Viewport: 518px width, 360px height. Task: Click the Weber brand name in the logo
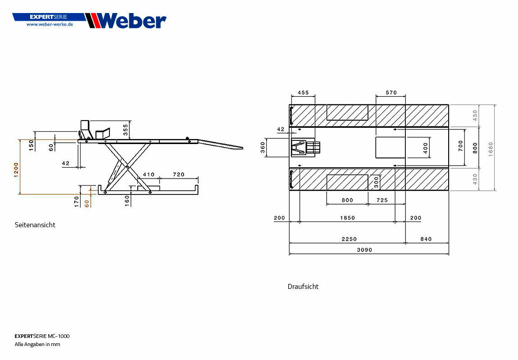[132, 21]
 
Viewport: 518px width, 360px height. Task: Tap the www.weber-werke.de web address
[50, 24]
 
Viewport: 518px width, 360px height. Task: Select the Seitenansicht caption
[35, 225]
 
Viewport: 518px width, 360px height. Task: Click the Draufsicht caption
[303, 286]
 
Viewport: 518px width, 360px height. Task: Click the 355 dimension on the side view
[126, 130]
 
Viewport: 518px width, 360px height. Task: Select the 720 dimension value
[179, 175]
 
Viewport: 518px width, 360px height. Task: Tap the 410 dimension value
[149, 175]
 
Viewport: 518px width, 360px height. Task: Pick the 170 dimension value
[77, 202]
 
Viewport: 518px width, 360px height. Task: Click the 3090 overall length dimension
[364, 250]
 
